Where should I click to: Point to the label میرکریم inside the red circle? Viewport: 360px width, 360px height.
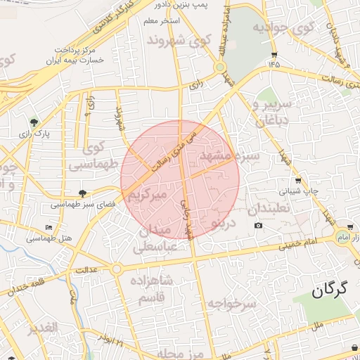coord(146,194)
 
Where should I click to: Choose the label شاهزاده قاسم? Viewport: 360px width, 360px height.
coord(150,289)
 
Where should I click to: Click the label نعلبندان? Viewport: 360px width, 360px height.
coord(268,210)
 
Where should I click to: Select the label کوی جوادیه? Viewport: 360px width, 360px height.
coord(283,29)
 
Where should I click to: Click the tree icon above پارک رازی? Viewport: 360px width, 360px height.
coord(34,122)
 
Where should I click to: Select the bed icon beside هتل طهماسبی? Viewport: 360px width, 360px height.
coord(48,227)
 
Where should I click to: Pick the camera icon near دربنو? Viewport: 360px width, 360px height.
coord(258,225)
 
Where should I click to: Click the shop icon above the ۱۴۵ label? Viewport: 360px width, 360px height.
coord(274,53)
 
